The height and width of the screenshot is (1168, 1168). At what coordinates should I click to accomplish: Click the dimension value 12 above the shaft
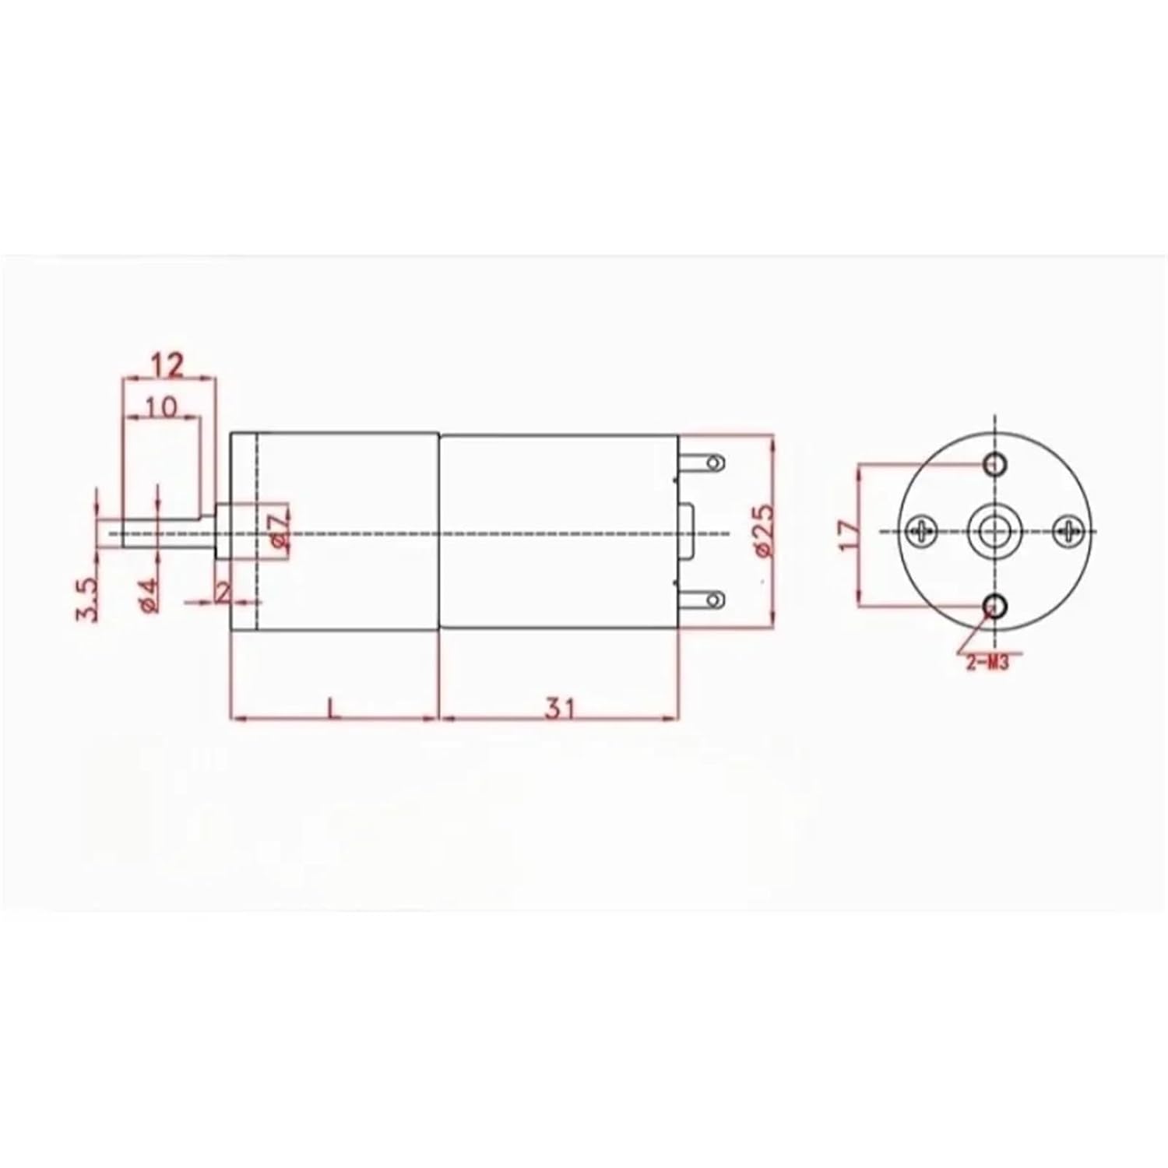point(167,364)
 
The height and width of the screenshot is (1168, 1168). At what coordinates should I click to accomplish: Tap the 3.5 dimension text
point(87,599)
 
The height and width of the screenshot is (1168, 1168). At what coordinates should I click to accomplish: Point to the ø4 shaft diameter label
point(150,596)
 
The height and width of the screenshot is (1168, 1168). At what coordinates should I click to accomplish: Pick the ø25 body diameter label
point(764,530)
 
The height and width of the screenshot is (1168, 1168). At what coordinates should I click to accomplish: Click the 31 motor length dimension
point(558,709)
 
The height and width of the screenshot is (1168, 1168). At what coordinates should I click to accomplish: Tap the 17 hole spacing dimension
point(850,535)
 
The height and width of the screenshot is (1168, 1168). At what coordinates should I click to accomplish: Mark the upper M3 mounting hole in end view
point(995,464)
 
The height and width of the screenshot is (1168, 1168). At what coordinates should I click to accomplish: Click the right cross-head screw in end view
point(1067,531)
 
